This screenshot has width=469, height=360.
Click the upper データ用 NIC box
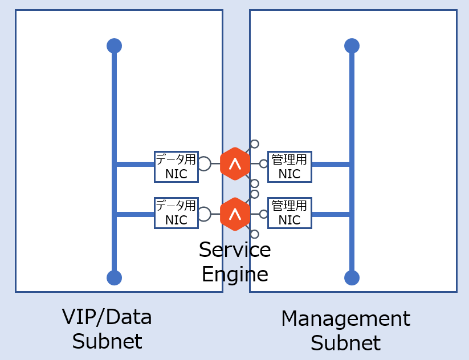pos(176,167)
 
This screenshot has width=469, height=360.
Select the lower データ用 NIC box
pos(176,213)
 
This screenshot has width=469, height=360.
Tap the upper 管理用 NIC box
pos(289,167)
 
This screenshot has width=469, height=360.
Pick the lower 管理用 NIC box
pos(289,213)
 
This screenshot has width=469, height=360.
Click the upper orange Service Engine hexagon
pos(235,164)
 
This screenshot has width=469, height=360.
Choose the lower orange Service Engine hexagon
pos(235,214)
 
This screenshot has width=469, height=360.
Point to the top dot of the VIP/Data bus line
pos(114,46)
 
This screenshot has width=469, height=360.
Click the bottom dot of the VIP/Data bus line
pos(114,277)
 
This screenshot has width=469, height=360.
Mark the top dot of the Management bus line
pos(352,46)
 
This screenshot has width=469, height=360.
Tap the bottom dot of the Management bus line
pos(352,277)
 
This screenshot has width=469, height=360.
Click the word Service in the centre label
pos(235,250)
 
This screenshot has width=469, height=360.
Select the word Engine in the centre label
pos(235,274)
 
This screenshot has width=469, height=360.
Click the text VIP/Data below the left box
pos(107,317)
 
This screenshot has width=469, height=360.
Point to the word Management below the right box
pos(345,318)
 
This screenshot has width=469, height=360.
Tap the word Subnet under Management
pos(345,343)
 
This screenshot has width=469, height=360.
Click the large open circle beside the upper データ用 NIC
pos(204,164)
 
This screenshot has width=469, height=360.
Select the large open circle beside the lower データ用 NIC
pos(204,214)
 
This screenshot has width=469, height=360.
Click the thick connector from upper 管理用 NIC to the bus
pos(331,164)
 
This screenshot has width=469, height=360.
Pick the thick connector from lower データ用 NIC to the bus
pos(135,214)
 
